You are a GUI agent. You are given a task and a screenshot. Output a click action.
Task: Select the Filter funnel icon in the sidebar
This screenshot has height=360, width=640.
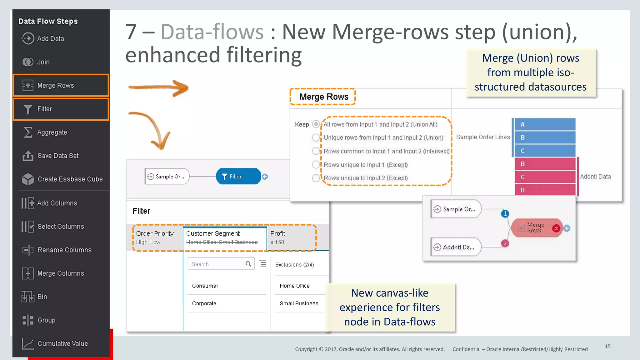pos(28,109)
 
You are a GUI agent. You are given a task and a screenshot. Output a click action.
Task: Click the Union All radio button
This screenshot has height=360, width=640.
pos(316,124)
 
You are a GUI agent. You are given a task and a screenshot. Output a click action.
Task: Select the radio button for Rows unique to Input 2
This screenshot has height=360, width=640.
pos(316,178)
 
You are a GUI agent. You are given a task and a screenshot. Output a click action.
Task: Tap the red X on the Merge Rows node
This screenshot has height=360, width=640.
pos(556,228)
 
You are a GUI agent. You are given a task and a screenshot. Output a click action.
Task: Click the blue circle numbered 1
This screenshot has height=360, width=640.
pos(505,214)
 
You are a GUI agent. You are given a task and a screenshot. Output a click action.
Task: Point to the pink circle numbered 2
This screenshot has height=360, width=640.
pos(505,243)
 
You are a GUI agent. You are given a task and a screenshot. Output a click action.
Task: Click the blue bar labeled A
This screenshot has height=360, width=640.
pos(545,124)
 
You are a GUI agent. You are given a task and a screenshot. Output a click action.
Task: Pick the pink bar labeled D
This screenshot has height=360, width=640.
pos(545,190)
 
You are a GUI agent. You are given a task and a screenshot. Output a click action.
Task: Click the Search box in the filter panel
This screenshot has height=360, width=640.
pos(217,264)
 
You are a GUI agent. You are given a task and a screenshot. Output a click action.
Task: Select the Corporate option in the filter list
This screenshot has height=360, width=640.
pos(204,303)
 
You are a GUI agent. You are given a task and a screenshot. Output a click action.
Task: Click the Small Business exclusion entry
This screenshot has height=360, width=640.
pos(299,303)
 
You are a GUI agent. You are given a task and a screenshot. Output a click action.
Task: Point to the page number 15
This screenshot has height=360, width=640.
pos(607,346)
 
